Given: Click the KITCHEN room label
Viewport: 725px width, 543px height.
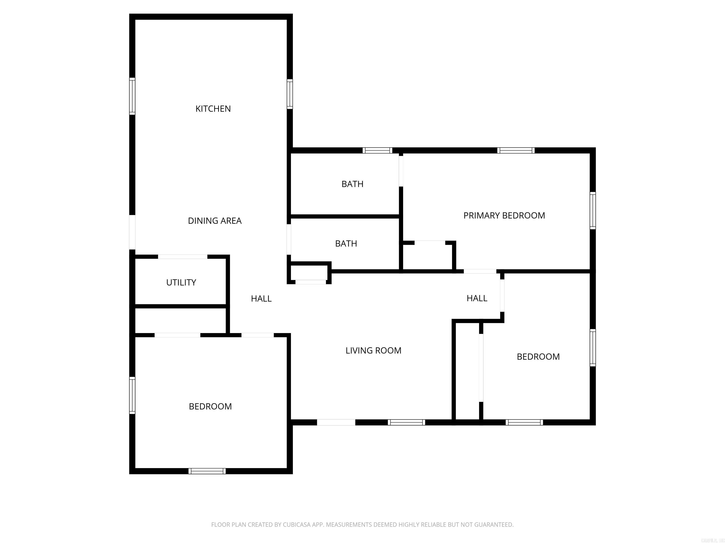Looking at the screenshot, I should click(213, 109).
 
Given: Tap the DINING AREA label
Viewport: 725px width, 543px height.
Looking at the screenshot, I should click(215, 221).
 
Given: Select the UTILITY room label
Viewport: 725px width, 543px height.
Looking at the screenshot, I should click(181, 283).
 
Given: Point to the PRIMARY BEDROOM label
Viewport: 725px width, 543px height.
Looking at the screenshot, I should click(504, 216).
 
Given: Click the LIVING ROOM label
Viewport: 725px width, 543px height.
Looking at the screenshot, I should click(373, 350).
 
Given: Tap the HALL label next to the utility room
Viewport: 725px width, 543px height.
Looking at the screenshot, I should click(261, 299).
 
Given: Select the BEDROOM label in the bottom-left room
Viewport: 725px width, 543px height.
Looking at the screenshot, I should click(210, 407).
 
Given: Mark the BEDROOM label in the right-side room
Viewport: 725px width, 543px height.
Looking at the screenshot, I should click(538, 357).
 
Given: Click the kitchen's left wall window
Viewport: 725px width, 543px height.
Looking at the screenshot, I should click(132, 96).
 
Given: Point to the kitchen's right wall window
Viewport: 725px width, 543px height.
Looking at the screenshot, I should click(290, 94).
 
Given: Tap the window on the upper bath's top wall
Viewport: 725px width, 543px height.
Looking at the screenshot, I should click(377, 151).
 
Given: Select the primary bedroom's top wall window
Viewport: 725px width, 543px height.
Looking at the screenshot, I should click(516, 151).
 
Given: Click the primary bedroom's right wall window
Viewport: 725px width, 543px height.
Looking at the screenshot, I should click(593, 210).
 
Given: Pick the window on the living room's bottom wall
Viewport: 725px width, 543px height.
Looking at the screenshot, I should click(406, 423).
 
